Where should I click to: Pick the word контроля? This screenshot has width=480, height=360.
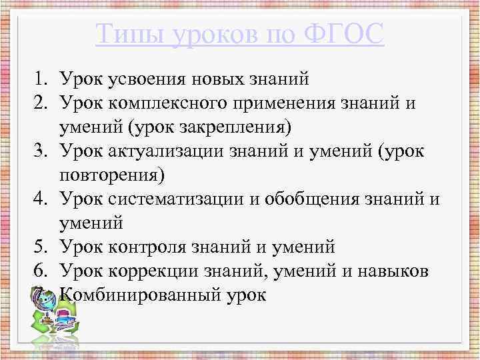point(149,247)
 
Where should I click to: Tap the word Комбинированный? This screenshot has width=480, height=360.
point(135,295)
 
